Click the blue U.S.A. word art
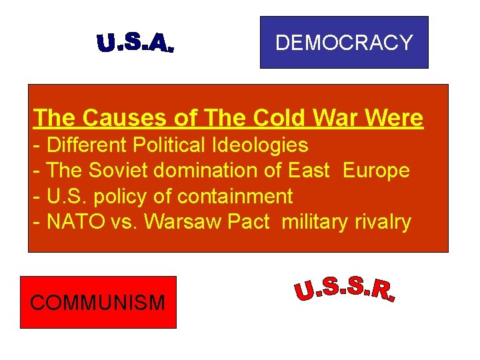pos(135,43)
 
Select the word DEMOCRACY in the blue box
pos(344,43)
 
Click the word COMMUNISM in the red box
pos(98,303)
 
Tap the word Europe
pos(376,171)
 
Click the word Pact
pos(248,222)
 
